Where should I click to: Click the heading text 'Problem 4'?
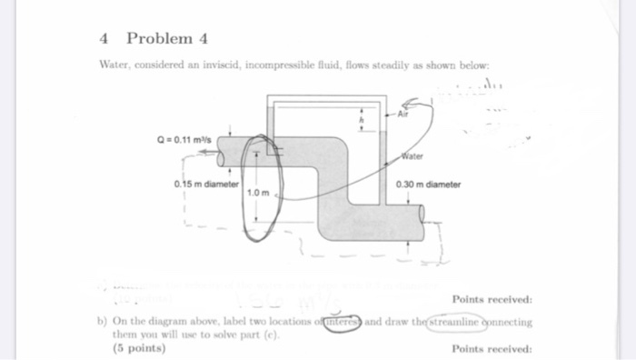168,38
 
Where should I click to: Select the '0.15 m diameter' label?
204,184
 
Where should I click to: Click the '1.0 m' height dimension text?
258,193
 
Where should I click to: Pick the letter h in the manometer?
363,122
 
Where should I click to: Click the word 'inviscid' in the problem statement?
209,66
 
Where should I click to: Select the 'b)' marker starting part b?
102,322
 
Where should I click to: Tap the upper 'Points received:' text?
492,300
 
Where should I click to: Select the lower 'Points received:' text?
492,347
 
